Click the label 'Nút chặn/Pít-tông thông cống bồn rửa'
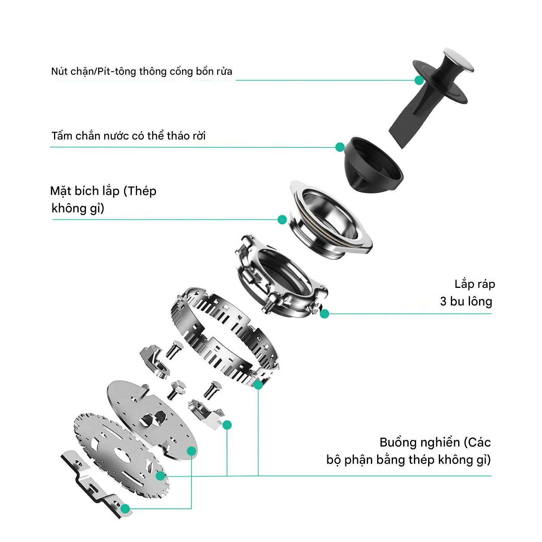[x=141, y=71]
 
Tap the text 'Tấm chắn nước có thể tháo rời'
[x=128, y=136]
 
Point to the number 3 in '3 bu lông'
[x=443, y=301]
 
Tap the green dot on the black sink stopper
[x=419, y=80]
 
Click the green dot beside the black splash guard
[x=340, y=147]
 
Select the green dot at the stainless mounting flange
[x=282, y=220]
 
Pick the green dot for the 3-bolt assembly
[x=325, y=314]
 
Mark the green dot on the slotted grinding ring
[x=258, y=385]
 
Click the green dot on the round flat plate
[x=192, y=451]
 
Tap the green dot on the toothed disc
[x=160, y=476]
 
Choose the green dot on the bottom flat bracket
[x=125, y=509]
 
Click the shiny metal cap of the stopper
[x=458, y=60]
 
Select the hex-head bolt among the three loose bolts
[x=176, y=389]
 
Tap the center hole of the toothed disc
[x=122, y=455]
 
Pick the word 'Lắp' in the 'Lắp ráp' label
[x=464, y=284]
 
